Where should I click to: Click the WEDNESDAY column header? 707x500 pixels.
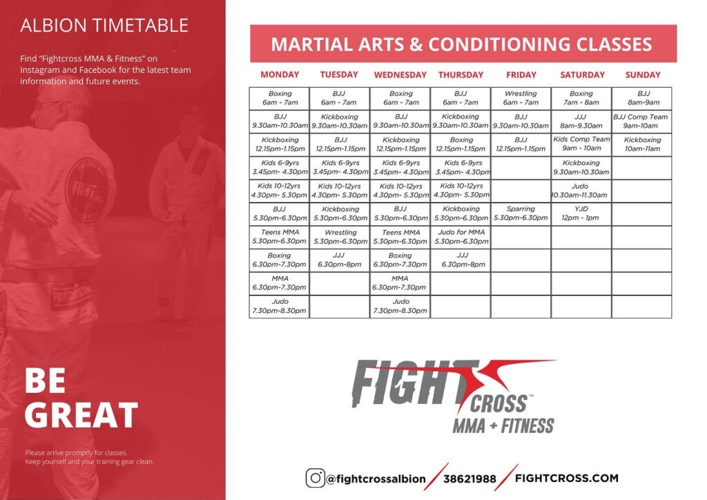[400, 75]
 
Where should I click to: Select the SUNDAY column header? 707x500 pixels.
[642, 75]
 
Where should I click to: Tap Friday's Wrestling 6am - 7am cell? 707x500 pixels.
[521, 98]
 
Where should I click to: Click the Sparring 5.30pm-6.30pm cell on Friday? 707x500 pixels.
[521, 213]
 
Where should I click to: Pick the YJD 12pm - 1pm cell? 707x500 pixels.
[581, 213]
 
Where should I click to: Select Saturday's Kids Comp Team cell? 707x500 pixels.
[581, 144]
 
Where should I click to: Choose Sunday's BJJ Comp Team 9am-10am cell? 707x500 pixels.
[641, 121]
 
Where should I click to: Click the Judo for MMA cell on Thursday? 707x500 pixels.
[461, 237]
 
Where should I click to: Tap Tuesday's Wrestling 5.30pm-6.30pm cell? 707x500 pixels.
[340, 237]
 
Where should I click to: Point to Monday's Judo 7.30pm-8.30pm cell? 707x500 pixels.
[280, 306]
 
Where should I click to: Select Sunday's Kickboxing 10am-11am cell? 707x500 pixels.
[641, 144]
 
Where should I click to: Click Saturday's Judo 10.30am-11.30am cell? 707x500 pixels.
[581, 191]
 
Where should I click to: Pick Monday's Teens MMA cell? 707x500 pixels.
[280, 237]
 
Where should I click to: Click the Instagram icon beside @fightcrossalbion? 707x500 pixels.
[316, 477]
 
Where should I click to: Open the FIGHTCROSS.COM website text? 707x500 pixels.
[566, 477]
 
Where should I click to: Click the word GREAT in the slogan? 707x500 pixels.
[81, 415]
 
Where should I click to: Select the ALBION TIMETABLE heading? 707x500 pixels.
[104, 26]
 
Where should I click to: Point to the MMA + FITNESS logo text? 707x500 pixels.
[503, 425]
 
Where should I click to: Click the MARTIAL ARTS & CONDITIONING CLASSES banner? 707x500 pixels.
[463, 44]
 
